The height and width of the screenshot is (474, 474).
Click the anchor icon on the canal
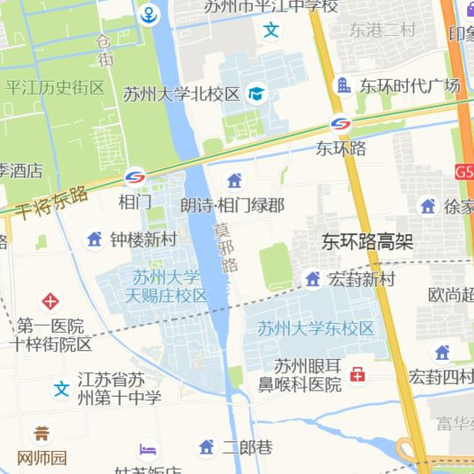tap(149, 15)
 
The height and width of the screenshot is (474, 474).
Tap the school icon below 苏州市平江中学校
tap(272, 31)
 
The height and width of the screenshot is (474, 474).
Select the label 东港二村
tap(382, 30)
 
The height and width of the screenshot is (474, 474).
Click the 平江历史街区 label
tap(54, 88)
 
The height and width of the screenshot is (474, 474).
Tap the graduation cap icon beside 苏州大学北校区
tap(256, 93)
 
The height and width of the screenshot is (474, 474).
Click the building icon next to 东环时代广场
tap(343, 85)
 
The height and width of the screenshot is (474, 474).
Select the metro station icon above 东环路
tap(341, 126)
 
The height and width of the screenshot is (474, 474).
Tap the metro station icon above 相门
tap(134, 178)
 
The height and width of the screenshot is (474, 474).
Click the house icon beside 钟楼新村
tap(94, 239)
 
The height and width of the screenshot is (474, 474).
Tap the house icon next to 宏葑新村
tap(312, 279)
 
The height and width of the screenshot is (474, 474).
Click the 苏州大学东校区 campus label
tap(316, 328)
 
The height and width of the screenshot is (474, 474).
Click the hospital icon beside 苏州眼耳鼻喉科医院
tap(357, 376)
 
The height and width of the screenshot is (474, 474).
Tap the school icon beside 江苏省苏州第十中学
tap(61, 389)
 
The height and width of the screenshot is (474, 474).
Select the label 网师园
tap(42, 457)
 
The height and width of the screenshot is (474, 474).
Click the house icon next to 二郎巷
tap(206, 448)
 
